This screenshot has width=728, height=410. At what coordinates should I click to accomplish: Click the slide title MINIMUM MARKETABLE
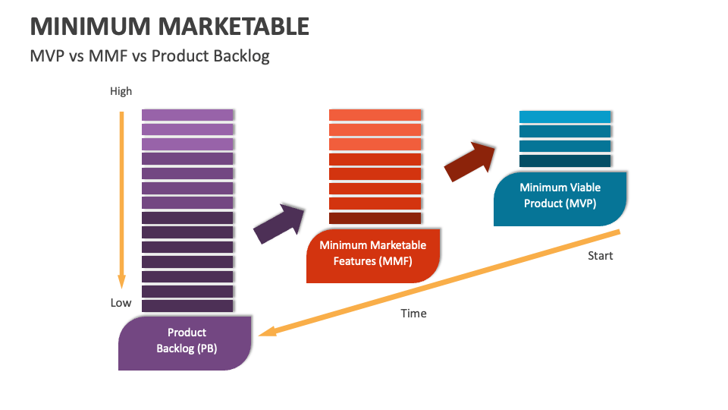[x=169, y=26]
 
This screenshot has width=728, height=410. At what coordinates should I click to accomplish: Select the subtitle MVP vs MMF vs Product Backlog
[x=149, y=55]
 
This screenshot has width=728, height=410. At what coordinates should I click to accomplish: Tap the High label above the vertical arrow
[x=121, y=91]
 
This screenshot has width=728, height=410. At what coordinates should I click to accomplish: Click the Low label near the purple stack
[x=121, y=302]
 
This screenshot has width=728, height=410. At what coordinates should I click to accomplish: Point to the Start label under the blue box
[x=600, y=255]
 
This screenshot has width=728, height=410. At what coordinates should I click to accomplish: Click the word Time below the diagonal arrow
[x=413, y=313]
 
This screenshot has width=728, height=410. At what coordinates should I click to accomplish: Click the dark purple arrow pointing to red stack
[x=278, y=223]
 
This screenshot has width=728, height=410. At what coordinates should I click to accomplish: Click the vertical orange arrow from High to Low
[x=120, y=197]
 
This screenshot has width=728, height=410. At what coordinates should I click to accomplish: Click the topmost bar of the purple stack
[x=187, y=115]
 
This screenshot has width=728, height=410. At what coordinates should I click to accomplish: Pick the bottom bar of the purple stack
[x=187, y=305]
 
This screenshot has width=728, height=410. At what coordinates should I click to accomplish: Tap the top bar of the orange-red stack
[x=375, y=115]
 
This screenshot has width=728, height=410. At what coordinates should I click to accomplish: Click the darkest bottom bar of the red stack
[x=375, y=218]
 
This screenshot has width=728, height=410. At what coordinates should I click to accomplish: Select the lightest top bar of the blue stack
[x=565, y=116]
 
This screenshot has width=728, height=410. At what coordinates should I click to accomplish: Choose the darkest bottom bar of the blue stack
[x=565, y=161]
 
